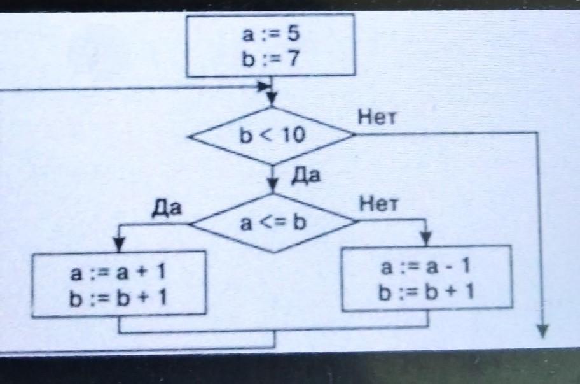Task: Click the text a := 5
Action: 270,36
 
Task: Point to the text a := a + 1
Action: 119,273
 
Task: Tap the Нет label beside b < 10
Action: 376,117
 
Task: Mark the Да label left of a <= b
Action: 167,208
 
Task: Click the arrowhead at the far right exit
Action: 542,330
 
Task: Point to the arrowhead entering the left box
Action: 119,245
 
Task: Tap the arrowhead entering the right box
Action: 427,239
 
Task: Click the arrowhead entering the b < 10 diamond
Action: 272,100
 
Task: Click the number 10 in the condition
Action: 291,136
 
